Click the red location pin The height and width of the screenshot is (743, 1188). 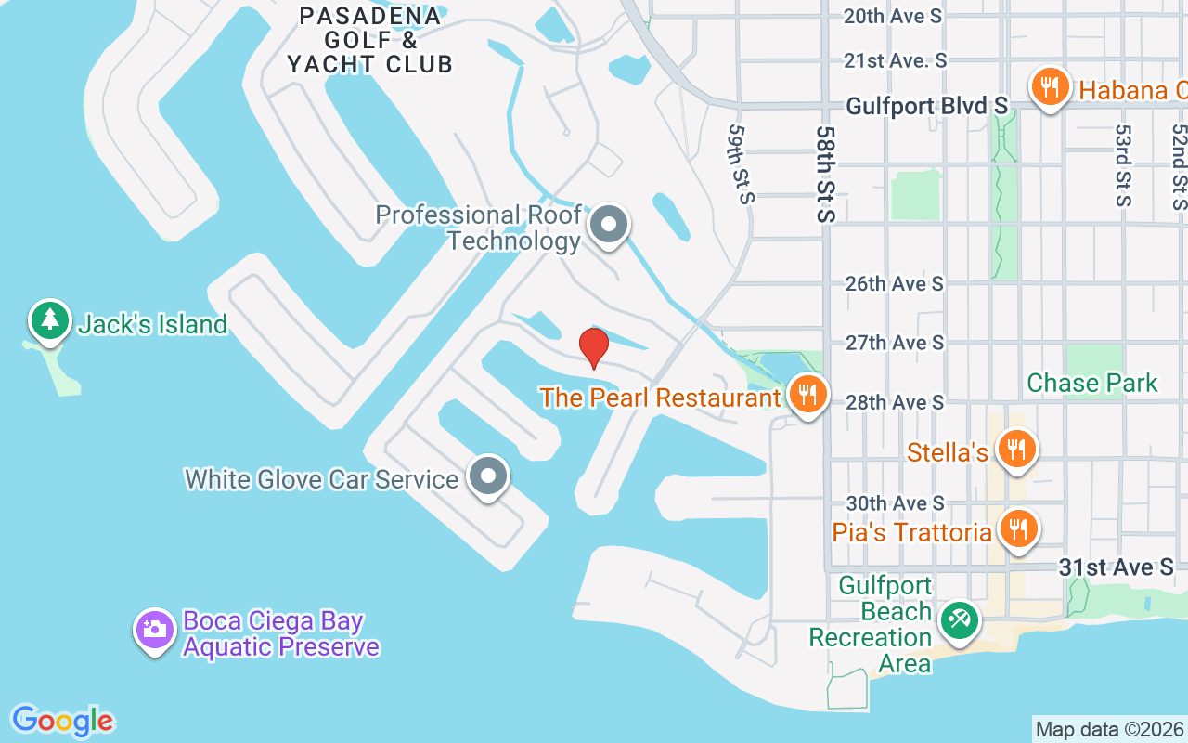click(x=594, y=347)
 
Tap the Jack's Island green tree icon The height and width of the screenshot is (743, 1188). click(x=50, y=320)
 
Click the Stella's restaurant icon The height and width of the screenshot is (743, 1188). click(x=1018, y=450)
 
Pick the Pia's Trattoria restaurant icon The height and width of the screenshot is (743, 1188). click(x=1018, y=529)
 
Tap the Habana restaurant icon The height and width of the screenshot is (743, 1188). click(x=1050, y=88)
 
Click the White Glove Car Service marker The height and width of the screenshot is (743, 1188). click(x=488, y=476)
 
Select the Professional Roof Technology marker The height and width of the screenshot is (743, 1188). click(x=609, y=225)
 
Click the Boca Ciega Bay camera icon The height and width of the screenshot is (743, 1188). click(x=155, y=630)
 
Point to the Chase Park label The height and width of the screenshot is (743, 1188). click(x=1092, y=383)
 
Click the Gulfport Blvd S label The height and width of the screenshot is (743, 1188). click(x=926, y=107)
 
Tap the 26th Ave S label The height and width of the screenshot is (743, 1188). click(x=894, y=283)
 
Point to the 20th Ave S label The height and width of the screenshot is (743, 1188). click(x=892, y=16)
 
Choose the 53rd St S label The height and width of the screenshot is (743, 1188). click(x=1123, y=165)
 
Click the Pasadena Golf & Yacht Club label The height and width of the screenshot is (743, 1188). click(x=369, y=40)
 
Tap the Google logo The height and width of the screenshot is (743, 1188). click(x=62, y=721)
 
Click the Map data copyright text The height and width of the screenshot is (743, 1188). click(x=1110, y=729)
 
